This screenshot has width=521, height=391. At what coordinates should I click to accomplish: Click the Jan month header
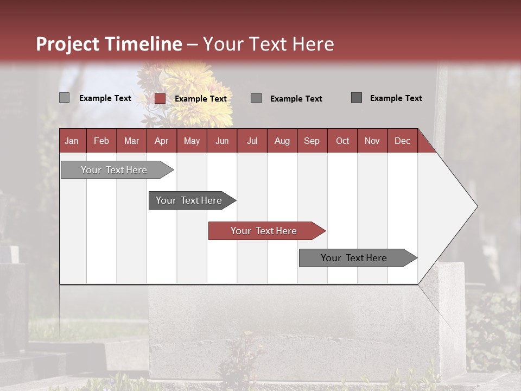click(72, 141)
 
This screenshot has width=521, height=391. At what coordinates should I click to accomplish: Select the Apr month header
click(161, 141)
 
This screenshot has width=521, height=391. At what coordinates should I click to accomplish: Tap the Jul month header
click(252, 141)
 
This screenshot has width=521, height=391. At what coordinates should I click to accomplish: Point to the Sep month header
click(312, 141)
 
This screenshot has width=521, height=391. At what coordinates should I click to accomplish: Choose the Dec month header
click(402, 141)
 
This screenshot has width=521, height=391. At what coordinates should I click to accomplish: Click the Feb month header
click(101, 141)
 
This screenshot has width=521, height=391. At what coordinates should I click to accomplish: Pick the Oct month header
click(342, 141)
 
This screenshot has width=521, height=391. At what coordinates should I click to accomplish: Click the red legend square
click(160, 98)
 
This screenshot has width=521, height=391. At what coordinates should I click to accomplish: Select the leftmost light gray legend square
click(65, 98)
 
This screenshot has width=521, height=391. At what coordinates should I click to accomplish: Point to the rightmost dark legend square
click(357, 98)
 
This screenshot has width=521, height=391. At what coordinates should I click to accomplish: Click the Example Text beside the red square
click(200, 99)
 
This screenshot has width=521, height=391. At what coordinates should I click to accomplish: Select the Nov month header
click(372, 141)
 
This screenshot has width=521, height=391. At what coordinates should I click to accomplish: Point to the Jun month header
click(222, 141)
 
